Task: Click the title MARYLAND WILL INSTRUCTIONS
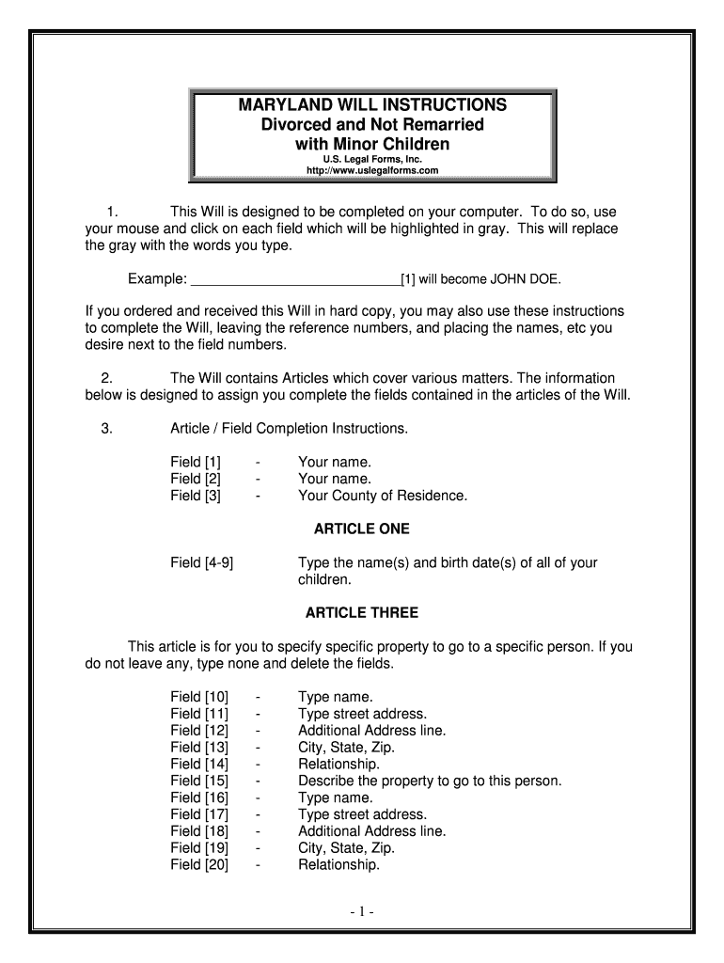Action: tap(372, 104)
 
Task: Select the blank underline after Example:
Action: tap(295, 279)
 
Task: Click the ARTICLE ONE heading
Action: tap(362, 529)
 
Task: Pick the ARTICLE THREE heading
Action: tap(362, 613)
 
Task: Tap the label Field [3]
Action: tap(196, 496)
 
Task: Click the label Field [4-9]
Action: tap(202, 562)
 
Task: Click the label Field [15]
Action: tap(199, 781)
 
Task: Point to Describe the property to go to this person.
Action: tap(430, 781)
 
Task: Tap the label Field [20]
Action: tap(199, 865)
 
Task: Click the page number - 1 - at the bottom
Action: tap(362, 912)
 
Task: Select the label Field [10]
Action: tap(199, 697)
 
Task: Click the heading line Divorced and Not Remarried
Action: tap(372, 124)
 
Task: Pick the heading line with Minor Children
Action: tap(372, 144)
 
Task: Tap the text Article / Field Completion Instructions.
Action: tap(290, 429)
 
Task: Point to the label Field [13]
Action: tap(199, 748)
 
